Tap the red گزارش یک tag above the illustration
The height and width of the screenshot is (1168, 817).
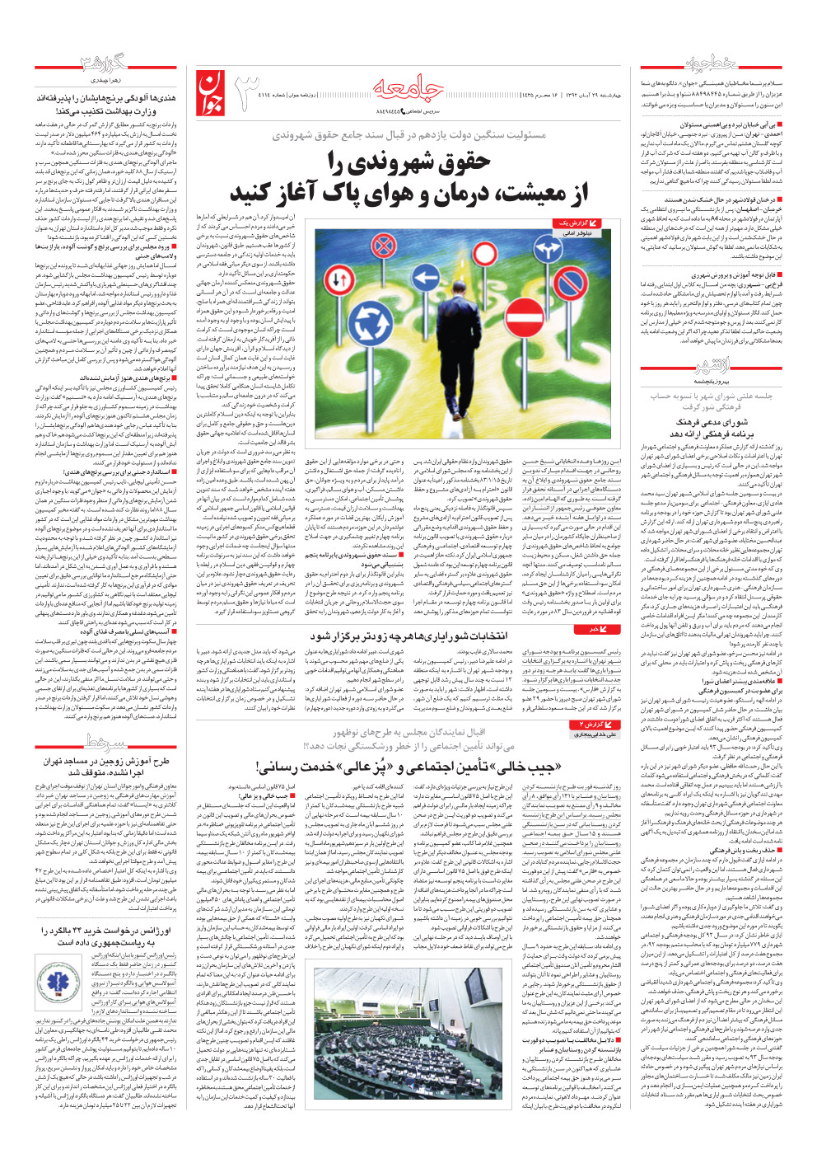pyautogui.click(x=573, y=223)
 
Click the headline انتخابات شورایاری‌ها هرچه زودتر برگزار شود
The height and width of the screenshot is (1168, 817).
pyautogui.click(x=408, y=636)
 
